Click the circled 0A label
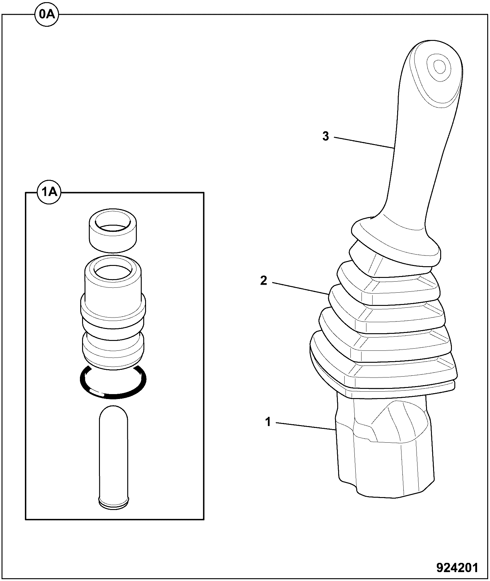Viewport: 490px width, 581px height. [46, 14]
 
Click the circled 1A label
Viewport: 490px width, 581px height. [49, 192]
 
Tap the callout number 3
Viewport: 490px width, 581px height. [326, 136]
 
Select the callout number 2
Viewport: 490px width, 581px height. [263, 280]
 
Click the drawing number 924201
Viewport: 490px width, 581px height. [458, 567]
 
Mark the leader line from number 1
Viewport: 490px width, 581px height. [305, 426]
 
